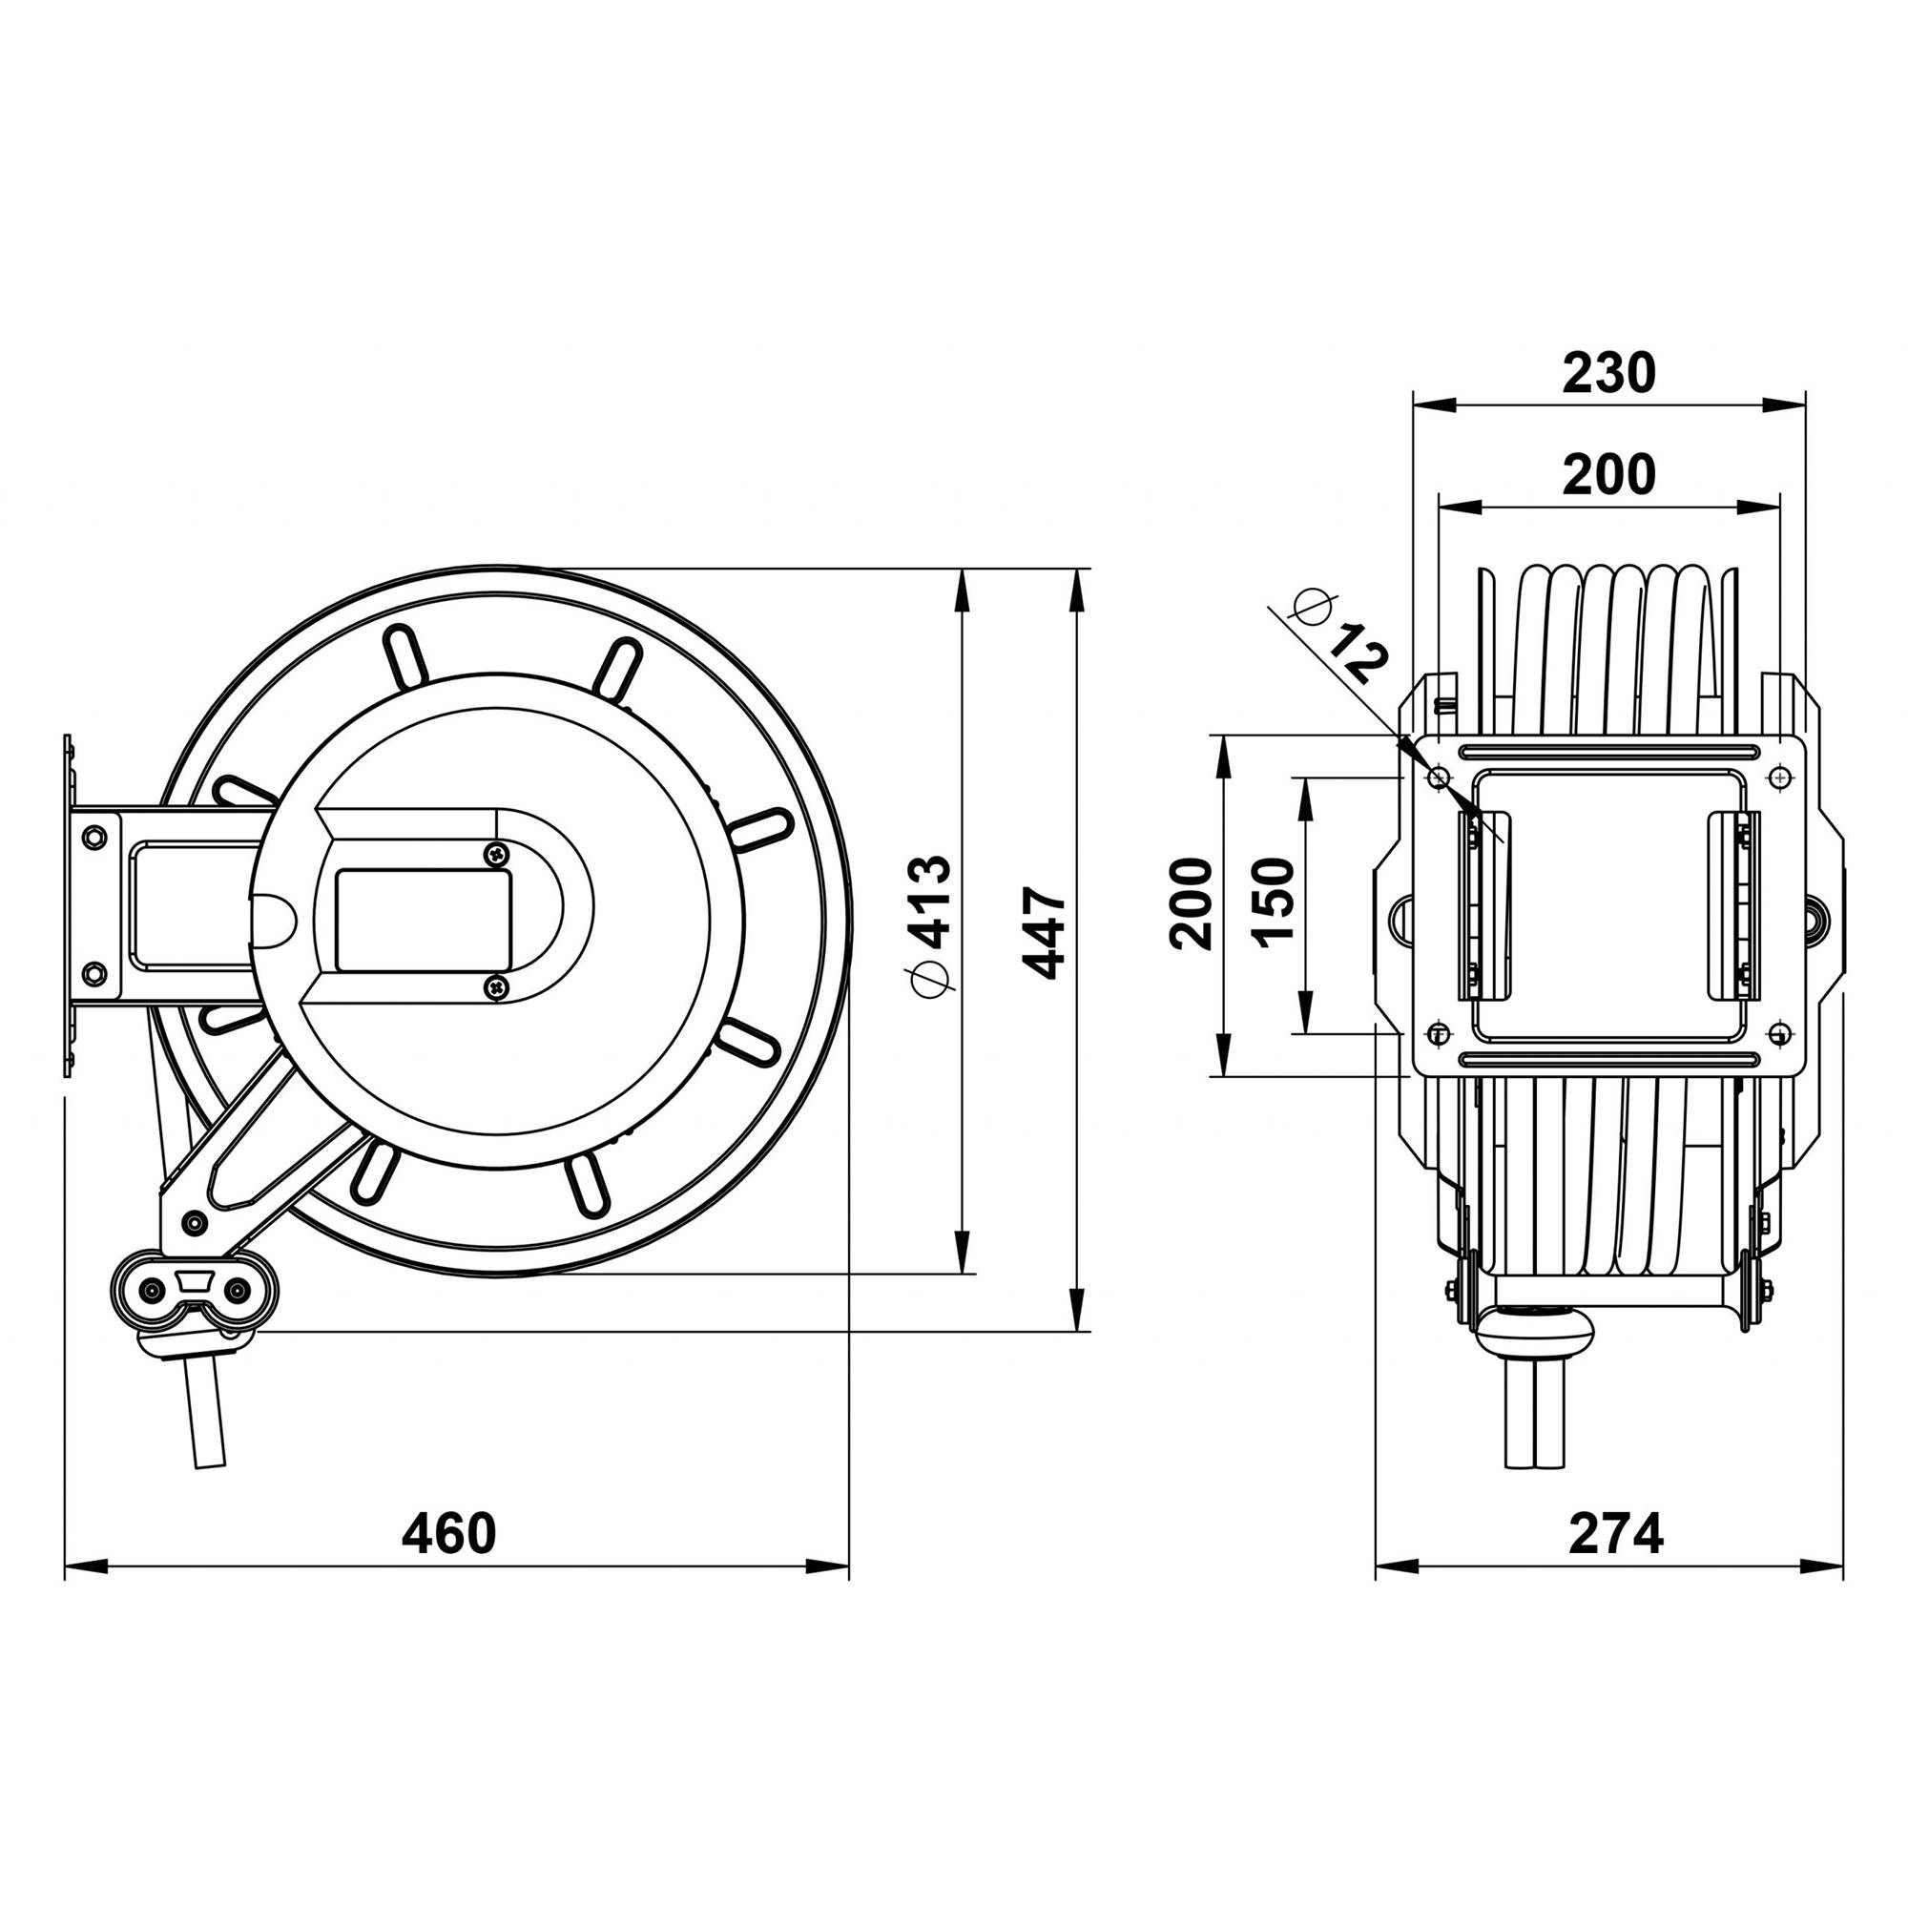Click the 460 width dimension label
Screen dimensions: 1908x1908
tap(448, 1534)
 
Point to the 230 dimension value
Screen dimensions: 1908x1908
tap(1607, 373)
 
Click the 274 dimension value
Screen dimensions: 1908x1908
tap(1616, 1534)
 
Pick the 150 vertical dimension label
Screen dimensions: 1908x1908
tap(1274, 902)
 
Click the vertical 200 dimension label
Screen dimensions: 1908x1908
tap(1190, 903)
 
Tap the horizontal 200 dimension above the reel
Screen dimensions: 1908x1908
tap(1607, 475)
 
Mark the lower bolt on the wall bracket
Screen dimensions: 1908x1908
tap(93, 974)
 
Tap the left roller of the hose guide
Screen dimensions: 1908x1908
tap(152, 1290)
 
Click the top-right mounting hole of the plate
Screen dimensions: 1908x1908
tap(1779, 778)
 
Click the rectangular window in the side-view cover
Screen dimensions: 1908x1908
tap(424, 921)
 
